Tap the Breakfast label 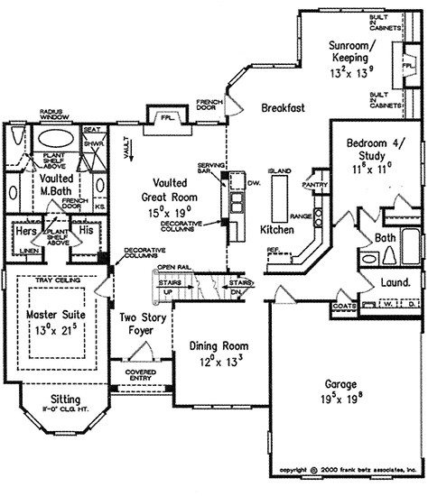coord(283,107)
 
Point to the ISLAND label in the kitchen coord(277,170)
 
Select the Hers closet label coord(26,231)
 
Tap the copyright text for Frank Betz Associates coord(349,470)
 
